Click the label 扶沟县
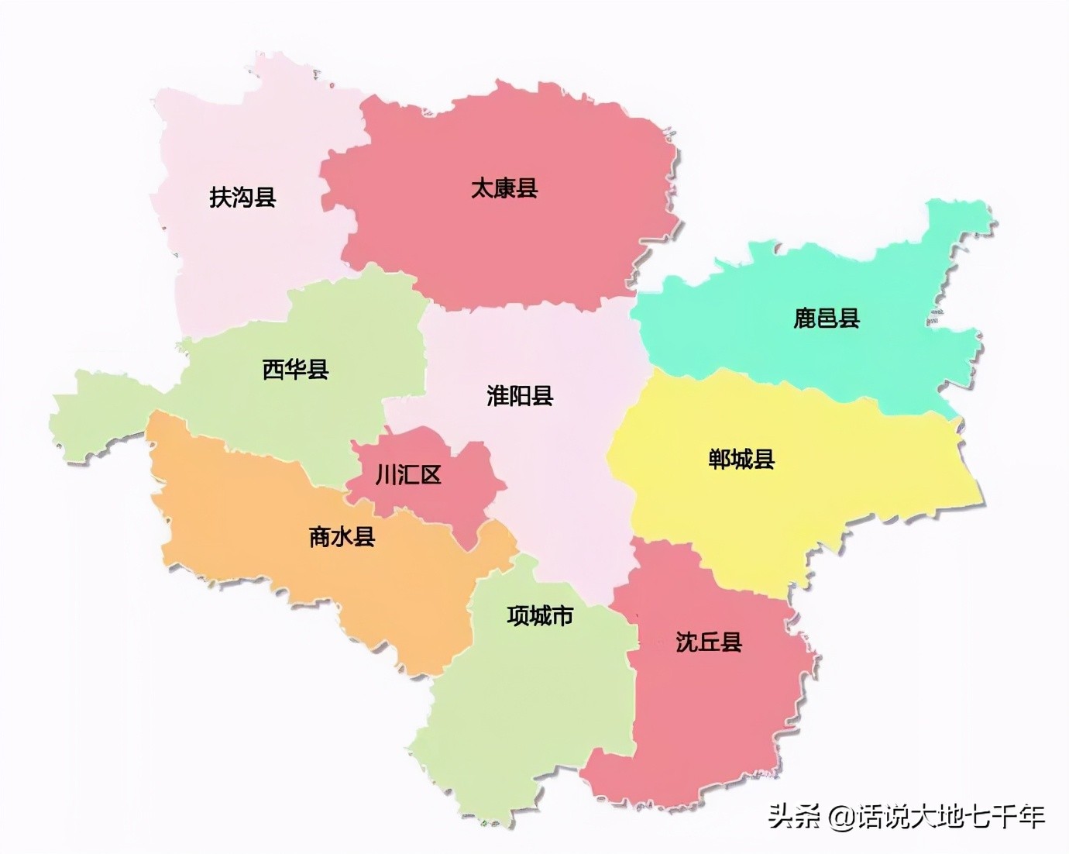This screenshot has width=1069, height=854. (242, 197)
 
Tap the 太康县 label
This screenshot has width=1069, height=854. (504, 188)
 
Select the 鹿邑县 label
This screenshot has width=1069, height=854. (827, 319)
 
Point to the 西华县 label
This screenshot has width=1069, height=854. (295, 369)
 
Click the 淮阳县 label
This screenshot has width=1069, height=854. (520, 396)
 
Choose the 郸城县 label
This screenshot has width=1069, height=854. (741, 460)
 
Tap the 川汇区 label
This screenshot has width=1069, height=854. (408, 474)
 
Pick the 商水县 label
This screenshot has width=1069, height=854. (342, 536)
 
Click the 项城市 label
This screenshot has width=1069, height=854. (540, 616)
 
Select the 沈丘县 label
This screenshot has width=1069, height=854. (709, 642)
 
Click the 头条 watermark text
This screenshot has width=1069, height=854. (794, 817)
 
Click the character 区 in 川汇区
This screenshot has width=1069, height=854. (431, 474)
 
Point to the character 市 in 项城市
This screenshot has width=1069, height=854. (562, 616)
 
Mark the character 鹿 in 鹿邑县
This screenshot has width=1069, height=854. (805, 319)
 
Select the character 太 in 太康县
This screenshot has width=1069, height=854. (483, 188)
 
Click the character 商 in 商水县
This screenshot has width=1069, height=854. (320, 536)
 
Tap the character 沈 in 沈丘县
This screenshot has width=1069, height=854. (687, 642)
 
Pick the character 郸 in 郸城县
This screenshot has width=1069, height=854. (720, 460)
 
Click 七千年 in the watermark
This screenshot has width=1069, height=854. (1008, 817)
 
